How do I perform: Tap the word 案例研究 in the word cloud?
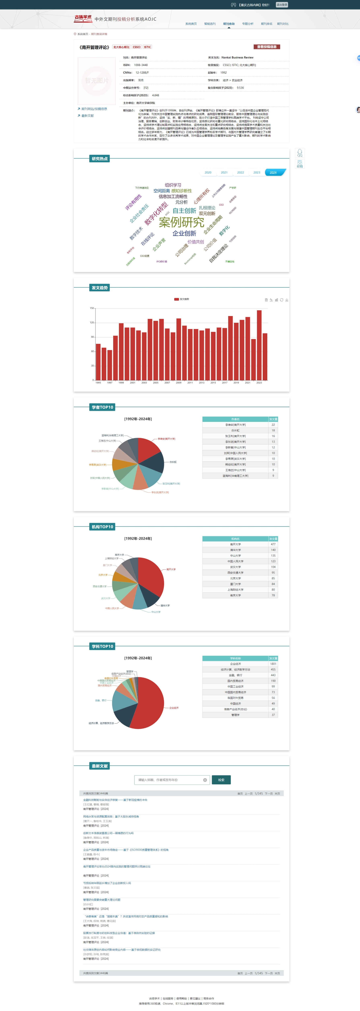[x=181, y=222]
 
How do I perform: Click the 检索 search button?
[x=221, y=780]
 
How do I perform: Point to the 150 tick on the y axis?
[x=92, y=308]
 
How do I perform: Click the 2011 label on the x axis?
[x=190, y=383]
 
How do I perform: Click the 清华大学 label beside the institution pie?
[x=165, y=606]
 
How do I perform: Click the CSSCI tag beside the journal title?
[x=137, y=47]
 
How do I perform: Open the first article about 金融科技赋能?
[x=115, y=800]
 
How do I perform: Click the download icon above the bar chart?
[x=287, y=300]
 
